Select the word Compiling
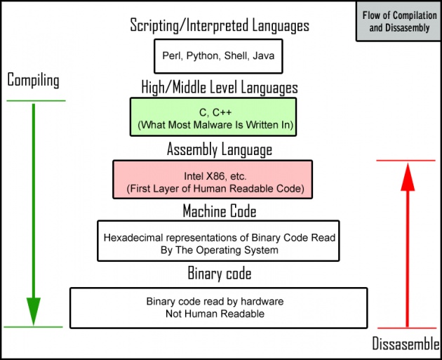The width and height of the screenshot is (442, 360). (x=33, y=80)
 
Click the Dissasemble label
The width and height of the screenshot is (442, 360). (x=406, y=343)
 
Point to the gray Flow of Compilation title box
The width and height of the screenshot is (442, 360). (x=399, y=22)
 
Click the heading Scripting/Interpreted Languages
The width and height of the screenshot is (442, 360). (x=220, y=25)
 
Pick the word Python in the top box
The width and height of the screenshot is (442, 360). (x=203, y=56)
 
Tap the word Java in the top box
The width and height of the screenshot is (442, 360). (x=264, y=55)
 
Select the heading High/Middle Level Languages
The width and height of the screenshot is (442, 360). (x=220, y=87)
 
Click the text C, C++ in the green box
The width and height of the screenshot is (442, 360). (x=215, y=112)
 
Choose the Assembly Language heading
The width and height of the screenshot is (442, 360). (x=220, y=149)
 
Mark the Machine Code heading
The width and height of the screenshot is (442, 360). (x=220, y=211)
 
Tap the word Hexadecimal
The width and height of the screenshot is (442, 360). (x=133, y=238)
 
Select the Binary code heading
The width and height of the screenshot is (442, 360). (x=220, y=273)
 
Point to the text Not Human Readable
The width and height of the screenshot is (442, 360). (x=215, y=314)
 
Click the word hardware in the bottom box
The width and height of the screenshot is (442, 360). (x=262, y=301)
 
